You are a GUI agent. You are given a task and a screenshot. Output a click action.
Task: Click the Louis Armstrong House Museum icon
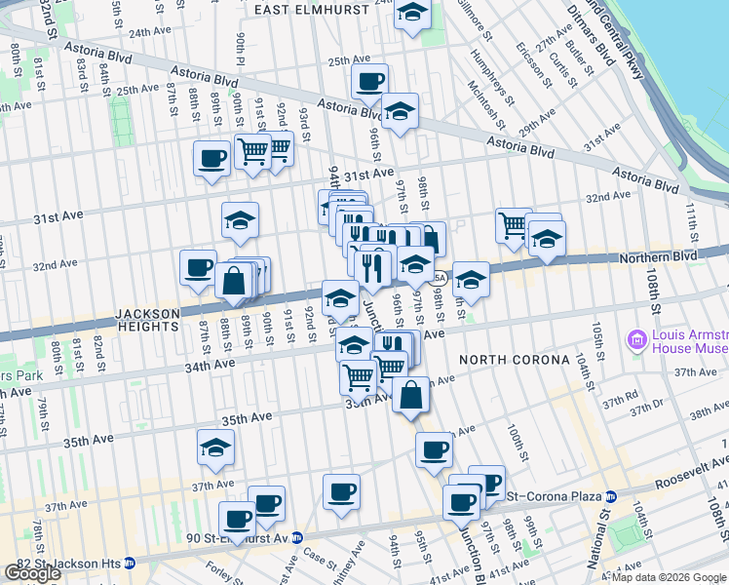638,340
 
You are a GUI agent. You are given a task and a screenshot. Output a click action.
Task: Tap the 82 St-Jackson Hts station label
74,564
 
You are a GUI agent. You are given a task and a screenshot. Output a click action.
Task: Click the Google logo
31,572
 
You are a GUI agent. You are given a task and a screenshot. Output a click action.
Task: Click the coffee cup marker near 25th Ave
369,82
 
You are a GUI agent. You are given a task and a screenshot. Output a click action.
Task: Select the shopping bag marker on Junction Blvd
411,394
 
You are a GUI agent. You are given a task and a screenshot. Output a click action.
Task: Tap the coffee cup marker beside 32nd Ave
198,268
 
